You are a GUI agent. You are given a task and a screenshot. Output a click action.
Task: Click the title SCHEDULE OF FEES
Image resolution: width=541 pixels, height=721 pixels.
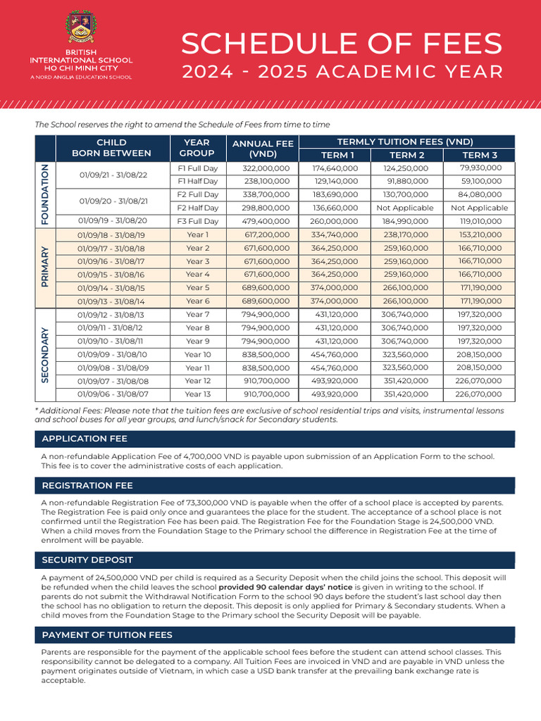[342, 44]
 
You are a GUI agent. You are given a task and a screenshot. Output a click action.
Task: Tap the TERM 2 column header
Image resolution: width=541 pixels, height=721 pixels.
[407, 155]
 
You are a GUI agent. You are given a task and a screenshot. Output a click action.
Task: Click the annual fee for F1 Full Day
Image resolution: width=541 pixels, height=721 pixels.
[266, 168]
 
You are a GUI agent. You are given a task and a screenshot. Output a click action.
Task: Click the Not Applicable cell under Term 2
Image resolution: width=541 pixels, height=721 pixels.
[405, 208]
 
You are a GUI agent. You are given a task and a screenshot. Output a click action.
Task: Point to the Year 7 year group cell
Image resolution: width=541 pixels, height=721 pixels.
[197, 315]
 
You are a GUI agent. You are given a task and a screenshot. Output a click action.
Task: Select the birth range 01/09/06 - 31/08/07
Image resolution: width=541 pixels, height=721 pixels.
[111, 394]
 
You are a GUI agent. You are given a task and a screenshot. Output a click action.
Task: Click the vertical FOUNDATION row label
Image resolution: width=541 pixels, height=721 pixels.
[45, 194]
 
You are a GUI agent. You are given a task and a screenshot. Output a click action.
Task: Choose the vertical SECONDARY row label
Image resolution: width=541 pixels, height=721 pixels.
[45, 355]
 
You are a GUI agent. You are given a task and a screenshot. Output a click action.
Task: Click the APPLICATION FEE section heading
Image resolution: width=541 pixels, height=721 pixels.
[85, 439]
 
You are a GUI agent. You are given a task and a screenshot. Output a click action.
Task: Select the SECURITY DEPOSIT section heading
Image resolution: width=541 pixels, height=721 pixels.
[87, 560]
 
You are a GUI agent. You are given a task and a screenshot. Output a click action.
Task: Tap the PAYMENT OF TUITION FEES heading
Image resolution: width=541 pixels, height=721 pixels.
[107, 635]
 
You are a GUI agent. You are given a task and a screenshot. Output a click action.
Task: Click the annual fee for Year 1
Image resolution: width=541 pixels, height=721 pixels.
[266, 234]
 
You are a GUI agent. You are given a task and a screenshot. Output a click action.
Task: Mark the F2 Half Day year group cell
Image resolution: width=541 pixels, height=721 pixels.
[197, 208]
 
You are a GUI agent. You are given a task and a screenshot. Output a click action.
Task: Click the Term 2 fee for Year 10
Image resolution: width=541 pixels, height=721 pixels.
[405, 355]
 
